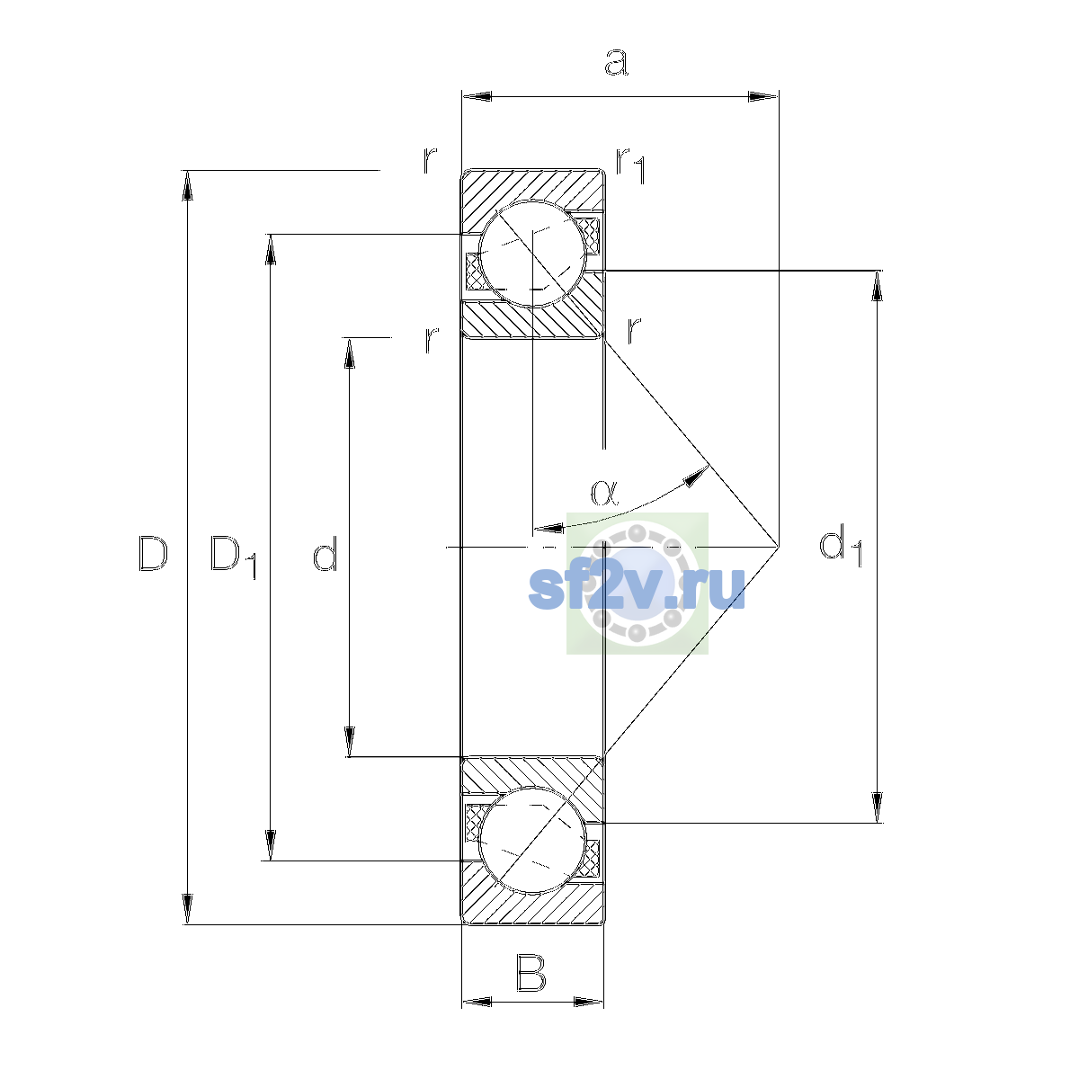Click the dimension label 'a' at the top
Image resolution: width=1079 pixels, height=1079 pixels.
coord(616,62)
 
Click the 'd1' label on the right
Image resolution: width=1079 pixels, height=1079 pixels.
coord(841,545)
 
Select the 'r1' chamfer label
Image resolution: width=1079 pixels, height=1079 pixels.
coord(631,165)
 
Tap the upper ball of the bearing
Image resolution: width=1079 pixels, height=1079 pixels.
coord(532,254)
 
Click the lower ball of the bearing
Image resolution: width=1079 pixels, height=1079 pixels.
coord(532,841)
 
